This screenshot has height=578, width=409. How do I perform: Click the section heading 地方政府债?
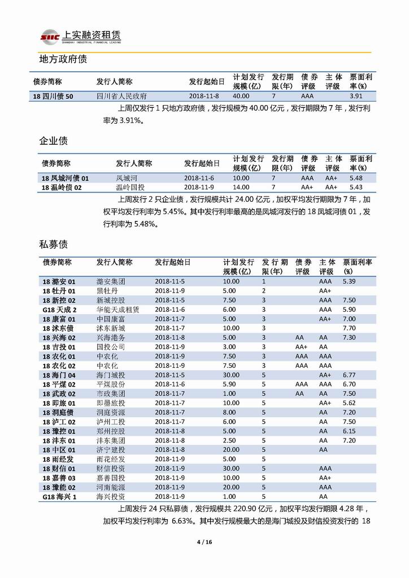[62, 59]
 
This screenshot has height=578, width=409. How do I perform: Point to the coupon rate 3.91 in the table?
[357, 96]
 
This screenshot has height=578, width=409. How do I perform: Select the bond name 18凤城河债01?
[65, 178]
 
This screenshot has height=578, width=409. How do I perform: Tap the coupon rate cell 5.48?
[356, 178]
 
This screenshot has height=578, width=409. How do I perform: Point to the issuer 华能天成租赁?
[118, 310]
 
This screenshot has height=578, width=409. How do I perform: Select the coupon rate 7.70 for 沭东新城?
[349, 328]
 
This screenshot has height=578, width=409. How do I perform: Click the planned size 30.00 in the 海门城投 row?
[231, 375]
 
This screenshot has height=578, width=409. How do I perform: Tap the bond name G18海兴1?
[59, 497]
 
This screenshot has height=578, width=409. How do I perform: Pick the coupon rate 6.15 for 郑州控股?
[349, 431]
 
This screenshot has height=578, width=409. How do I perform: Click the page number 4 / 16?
[204, 542]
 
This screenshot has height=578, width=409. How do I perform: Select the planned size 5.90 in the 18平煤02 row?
[229, 384]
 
